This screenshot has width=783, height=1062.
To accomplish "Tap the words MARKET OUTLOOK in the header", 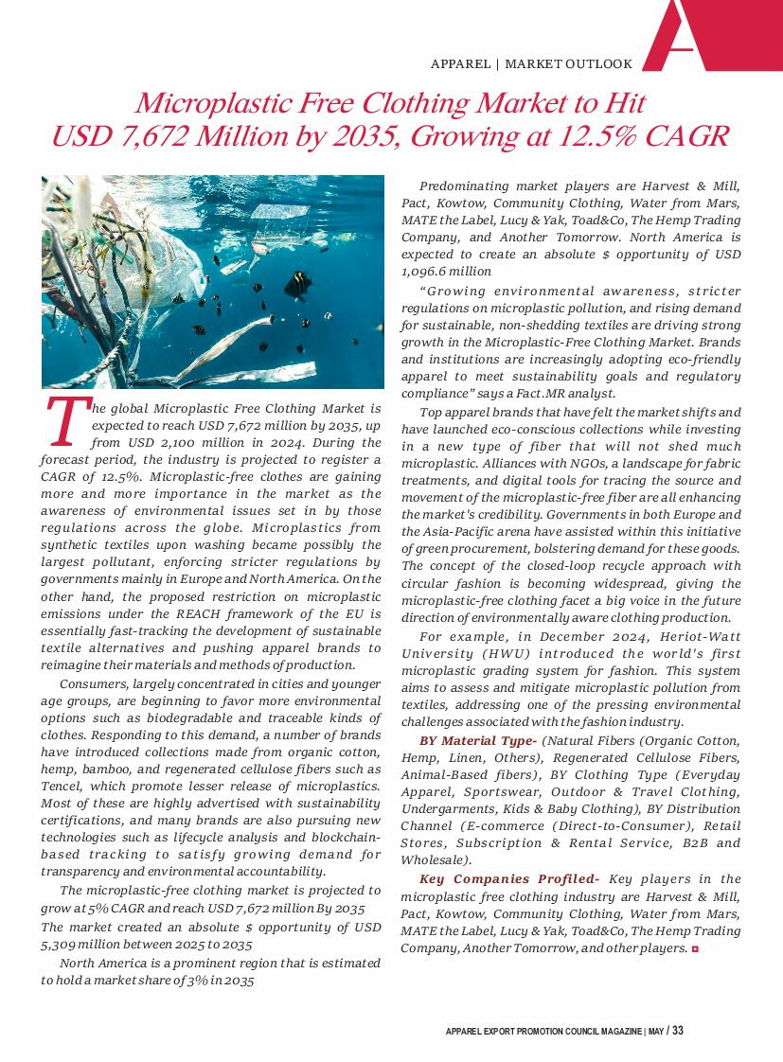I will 568,64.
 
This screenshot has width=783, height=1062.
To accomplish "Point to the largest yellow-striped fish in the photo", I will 298,281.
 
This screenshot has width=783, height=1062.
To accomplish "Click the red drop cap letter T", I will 63,423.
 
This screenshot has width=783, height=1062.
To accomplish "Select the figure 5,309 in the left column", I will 63,945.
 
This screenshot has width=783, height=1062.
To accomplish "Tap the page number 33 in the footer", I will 678,1031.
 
